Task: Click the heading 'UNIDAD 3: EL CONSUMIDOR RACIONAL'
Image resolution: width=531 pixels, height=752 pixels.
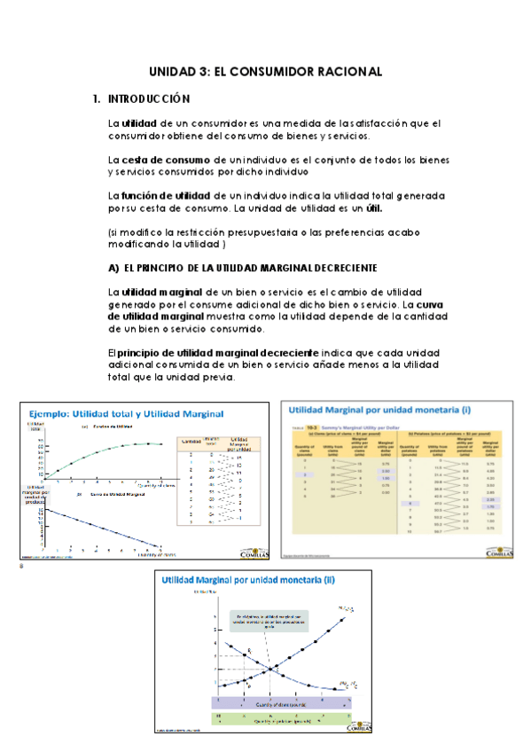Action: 265,71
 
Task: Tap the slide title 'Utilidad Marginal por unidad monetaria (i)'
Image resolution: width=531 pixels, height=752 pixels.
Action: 371,411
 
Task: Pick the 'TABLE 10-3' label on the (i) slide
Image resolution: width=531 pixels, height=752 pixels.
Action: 301,426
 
